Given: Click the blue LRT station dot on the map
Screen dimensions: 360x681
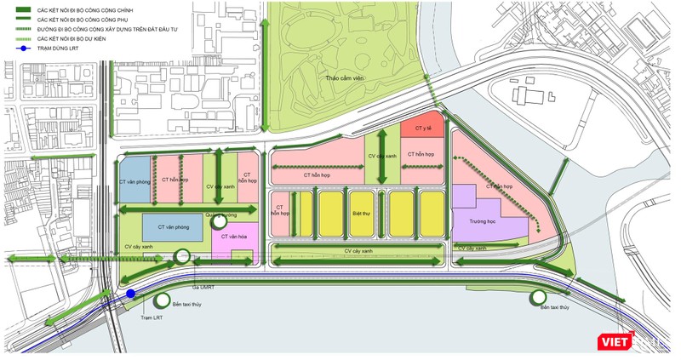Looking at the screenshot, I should [x=130, y=294].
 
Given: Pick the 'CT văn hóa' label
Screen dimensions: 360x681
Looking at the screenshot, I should [x=234, y=237].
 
